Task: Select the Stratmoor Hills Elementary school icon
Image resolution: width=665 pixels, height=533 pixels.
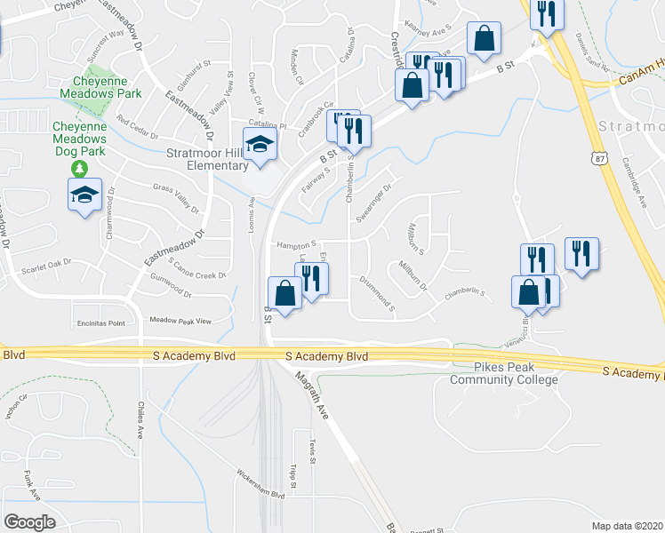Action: [259, 148]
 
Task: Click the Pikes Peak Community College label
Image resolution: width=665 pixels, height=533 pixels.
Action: [504, 374]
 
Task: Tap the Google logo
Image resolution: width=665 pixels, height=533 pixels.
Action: [29, 521]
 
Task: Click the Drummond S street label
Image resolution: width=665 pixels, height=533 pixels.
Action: [379, 292]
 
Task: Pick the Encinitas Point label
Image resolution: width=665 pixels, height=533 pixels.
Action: [100, 324]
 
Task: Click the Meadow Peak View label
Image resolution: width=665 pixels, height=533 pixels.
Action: [180, 320]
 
